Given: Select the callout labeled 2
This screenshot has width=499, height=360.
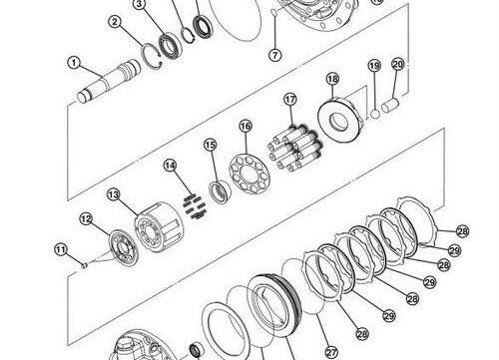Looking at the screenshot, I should click(116, 21).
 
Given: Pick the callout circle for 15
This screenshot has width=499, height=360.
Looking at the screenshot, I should click(210, 146).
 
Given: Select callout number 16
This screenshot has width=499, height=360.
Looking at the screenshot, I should click(245, 126).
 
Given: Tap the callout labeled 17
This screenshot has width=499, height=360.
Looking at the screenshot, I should click(290, 100).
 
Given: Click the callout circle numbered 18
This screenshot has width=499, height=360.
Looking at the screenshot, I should click(332, 79).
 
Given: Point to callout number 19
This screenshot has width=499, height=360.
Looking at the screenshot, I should click(373, 66).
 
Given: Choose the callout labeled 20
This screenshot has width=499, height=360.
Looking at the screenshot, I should click(397, 65).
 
